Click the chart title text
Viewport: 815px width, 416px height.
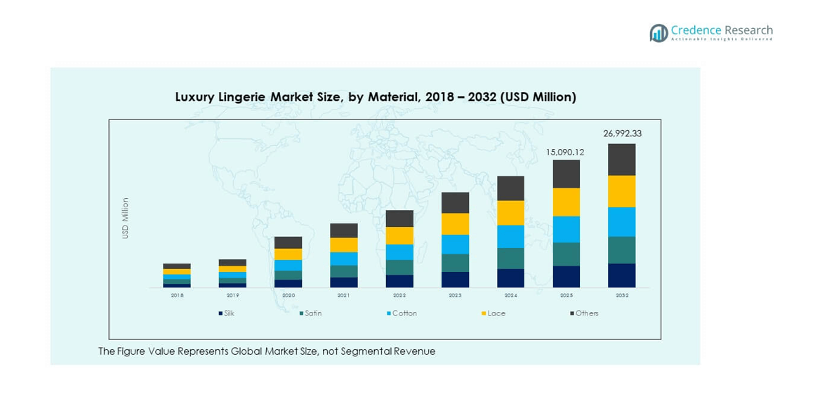coord(376,97)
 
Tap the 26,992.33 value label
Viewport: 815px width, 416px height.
coord(622,134)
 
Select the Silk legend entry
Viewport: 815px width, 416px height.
coord(226,313)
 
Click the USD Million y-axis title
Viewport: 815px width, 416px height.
coord(126,218)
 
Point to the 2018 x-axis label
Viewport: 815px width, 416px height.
coord(177,296)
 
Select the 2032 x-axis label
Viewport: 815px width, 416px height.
coord(622,296)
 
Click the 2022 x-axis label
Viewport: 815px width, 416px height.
coord(399,296)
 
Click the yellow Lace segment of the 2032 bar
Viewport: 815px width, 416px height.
coord(622,191)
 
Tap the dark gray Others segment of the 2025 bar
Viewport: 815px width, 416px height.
coord(566,174)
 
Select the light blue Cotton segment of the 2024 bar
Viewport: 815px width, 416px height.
coord(510,236)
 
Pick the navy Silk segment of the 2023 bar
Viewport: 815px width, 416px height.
coord(455,280)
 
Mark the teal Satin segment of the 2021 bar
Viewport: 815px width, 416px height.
coord(344,271)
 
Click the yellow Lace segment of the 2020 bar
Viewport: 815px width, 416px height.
coord(288,254)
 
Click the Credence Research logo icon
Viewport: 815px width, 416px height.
coord(658,33)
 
